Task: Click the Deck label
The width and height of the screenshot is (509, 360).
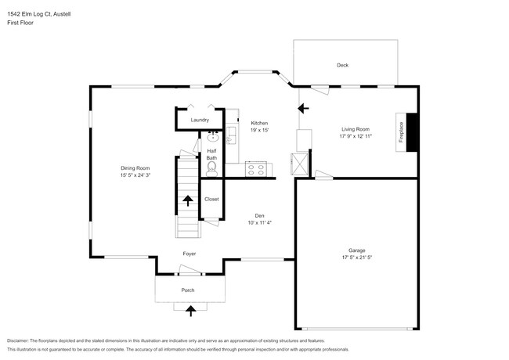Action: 342,66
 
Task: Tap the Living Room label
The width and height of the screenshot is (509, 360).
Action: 355,129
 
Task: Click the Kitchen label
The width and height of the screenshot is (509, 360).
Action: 259,124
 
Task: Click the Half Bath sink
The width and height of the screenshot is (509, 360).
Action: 212,135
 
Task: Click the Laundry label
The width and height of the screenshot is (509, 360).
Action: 200,120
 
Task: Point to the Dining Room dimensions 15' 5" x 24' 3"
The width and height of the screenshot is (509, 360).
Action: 135,175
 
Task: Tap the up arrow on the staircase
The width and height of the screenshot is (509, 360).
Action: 187,201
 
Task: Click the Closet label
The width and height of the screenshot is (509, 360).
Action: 211,200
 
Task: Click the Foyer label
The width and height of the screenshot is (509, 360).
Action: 190,254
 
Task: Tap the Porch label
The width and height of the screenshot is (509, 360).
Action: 188,290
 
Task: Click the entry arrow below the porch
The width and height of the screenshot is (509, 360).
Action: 189,311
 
